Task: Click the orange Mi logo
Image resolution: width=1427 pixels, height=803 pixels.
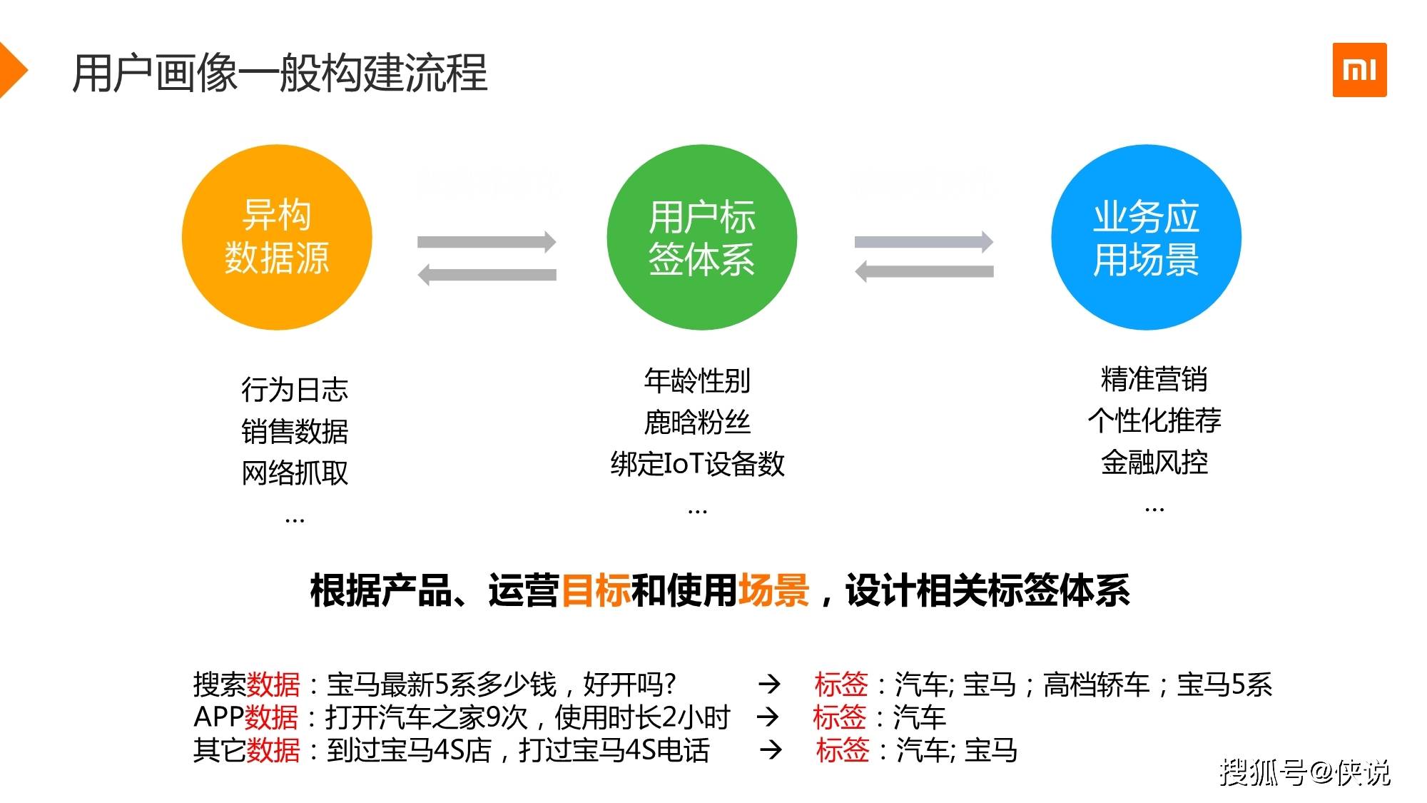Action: click(1359, 70)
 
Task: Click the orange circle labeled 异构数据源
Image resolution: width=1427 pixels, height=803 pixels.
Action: click(277, 237)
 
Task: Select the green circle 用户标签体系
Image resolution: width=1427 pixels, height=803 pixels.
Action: click(701, 237)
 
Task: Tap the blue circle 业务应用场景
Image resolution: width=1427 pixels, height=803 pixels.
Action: click(1146, 237)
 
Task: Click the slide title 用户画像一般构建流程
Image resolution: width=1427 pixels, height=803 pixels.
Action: click(280, 73)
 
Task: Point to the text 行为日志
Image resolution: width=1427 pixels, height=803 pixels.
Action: click(295, 390)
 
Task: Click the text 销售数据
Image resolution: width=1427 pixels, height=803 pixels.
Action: click(295, 431)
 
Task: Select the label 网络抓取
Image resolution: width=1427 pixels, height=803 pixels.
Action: click(295, 473)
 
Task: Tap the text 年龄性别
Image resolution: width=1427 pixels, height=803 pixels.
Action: click(697, 380)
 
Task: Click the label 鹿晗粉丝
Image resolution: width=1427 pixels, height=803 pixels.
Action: click(697, 422)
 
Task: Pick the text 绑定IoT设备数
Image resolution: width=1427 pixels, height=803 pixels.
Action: click(697, 464)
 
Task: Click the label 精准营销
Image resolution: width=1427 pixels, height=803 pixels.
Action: click(1154, 379)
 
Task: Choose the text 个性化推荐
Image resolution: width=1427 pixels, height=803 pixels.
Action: click(1154, 420)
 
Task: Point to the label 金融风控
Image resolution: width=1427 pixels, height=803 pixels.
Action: click(1154, 462)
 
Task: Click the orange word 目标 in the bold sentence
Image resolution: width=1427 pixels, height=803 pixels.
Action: click(596, 591)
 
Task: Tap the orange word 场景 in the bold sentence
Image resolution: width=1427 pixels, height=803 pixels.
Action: click(773, 591)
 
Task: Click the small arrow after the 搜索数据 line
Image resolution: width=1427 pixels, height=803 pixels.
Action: click(769, 685)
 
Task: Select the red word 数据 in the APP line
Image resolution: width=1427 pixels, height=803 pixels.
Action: click(271, 717)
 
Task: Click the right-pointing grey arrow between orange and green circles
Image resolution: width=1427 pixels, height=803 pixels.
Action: click(487, 242)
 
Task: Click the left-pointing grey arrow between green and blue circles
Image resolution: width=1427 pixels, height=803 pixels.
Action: click(924, 271)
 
